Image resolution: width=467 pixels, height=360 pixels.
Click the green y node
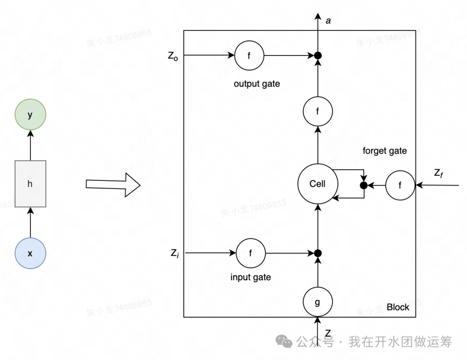[x=30, y=115]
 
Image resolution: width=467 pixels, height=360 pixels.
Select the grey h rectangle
[x=30, y=183]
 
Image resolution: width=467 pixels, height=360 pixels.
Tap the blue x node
[x=30, y=253]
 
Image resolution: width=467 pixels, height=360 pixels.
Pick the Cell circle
[x=317, y=184]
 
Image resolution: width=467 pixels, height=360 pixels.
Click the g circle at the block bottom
[x=317, y=302]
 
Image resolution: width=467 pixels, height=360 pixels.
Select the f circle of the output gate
[x=249, y=55]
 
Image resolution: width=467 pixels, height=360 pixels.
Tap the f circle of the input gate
[x=250, y=253]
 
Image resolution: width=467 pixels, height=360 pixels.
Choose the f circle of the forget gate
[x=400, y=186]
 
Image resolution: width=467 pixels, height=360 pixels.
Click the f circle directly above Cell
[x=317, y=111]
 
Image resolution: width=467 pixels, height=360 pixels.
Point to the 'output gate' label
[x=257, y=84]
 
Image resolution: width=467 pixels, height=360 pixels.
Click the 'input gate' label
[x=251, y=277]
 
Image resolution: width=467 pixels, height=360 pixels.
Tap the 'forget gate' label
[x=385, y=151]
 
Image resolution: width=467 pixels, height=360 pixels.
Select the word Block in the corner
[x=398, y=307]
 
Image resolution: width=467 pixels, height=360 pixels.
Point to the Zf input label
[x=438, y=174]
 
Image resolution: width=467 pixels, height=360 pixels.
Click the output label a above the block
[x=328, y=20]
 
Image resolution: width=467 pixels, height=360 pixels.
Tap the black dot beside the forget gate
[x=364, y=186]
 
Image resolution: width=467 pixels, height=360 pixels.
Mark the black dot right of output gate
[x=318, y=55]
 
